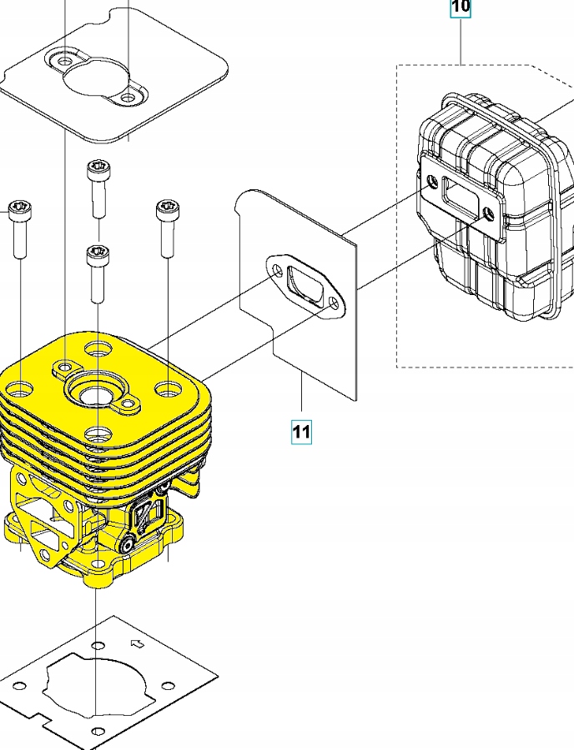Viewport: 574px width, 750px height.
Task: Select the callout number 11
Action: [301, 432]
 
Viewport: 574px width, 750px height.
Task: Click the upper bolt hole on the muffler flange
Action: [431, 182]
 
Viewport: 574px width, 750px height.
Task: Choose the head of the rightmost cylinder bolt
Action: [165, 207]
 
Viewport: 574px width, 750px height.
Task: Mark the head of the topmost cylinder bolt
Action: [96, 167]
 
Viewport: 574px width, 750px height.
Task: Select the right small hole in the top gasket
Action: [127, 98]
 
